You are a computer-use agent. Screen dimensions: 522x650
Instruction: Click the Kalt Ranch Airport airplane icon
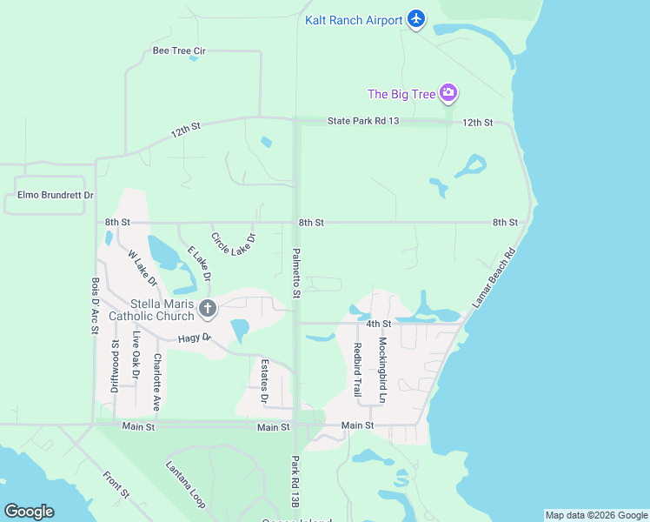pyautogui.click(x=416, y=19)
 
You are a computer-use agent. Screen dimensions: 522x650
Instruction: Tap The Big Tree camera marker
pyautogui.click(x=448, y=93)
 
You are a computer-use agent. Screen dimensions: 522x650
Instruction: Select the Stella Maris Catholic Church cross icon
pyautogui.click(x=207, y=308)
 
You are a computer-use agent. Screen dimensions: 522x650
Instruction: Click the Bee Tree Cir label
pyautogui.click(x=179, y=50)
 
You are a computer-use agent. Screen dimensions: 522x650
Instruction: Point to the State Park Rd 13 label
pyautogui.click(x=362, y=121)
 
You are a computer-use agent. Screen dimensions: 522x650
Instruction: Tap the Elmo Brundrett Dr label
pyautogui.click(x=49, y=196)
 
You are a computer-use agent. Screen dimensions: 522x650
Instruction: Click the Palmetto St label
pyautogui.click(x=296, y=272)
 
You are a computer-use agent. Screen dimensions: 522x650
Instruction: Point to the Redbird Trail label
pyautogui.click(x=357, y=370)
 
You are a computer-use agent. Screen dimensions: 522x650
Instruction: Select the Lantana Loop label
pyautogui.click(x=185, y=485)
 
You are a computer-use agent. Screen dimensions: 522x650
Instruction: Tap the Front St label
pyautogui.click(x=116, y=485)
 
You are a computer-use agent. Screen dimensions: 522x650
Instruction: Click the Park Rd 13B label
pyautogui.click(x=295, y=481)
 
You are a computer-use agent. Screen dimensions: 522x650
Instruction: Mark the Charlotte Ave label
pyautogui.click(x=157, y=382)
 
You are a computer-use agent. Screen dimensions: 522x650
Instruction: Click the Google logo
pyautogui.click(x=29, y=512)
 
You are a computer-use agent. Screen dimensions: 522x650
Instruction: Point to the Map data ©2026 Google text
pyautogui.click(x=596, y=515)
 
